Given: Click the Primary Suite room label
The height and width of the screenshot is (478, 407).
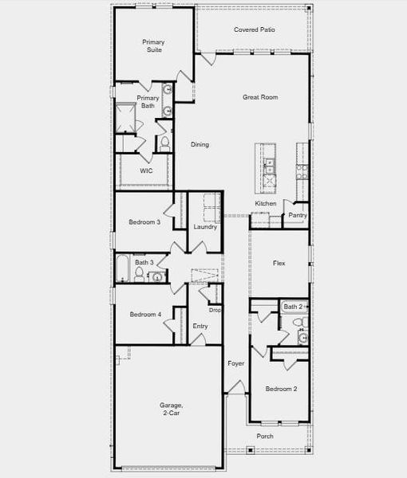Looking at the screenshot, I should click(x=152, y=45).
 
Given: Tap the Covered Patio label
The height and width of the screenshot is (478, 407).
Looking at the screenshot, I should click(x=255, y=29).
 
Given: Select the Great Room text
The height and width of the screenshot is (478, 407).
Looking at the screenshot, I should click(x=260, y=97).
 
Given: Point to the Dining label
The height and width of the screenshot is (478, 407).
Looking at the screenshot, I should click(x=200, y=144).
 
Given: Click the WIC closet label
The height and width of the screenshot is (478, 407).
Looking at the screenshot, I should click(x=146, y=170).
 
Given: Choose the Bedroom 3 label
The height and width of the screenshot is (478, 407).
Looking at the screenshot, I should click(x=144, y=222).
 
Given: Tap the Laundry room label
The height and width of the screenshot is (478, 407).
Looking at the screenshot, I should click(x=205, y=227).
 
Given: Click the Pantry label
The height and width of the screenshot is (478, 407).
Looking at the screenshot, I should click(x=298, y=215).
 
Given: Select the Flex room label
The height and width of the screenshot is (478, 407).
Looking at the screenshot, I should click(x=279, y=263).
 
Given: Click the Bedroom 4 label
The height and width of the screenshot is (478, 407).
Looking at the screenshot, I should click(x=145, y=315).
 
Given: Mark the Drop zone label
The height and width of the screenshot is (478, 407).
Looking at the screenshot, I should click(x=215, y=310).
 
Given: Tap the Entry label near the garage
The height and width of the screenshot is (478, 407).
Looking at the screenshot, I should click(x=200, y=326).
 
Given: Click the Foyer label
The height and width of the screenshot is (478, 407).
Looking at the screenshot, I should click(x=235, y=363).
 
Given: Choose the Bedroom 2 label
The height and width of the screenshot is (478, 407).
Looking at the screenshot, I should click(x=281, y=389).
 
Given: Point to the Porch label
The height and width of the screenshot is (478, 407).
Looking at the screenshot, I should click(x=265, y=437).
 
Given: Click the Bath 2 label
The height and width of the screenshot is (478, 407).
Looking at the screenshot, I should click(x=293, y=307).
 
